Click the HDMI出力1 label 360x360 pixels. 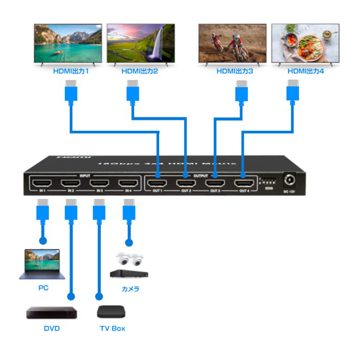(x=70, y=72)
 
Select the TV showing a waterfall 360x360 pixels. (x=140, y=44)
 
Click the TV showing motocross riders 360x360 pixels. (x=232, y=44)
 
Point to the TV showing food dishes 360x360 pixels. (x=305, y=44)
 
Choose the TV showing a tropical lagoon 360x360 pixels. (x=67, y=44)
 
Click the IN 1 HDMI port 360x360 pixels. (x=43, y=184)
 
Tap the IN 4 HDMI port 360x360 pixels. (x=127, y=184)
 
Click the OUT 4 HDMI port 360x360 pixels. (x=244, y=184)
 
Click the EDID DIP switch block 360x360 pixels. (x=268, y=181)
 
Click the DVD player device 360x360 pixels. (x=52, y=313)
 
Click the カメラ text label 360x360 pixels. (x=130, y=289)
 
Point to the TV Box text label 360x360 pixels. (x=112, y=329)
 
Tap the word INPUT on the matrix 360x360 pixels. (x=85, y=176)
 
